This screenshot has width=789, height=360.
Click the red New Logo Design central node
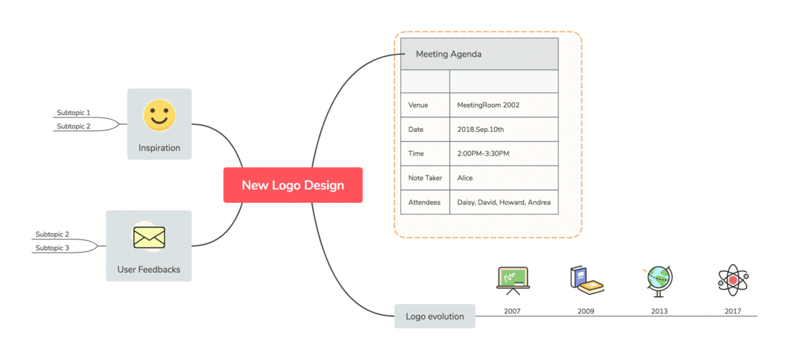click(293, 185)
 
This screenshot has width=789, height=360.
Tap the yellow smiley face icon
click(159, 115)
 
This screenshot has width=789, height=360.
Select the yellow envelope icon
click(149, 237)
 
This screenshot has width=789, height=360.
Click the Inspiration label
click(159, 148)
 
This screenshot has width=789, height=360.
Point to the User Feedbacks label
click(149, 270)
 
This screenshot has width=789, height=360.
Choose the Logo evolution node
click(435, 316)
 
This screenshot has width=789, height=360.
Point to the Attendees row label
click(425, 202)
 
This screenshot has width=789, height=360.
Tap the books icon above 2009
click(586, 280)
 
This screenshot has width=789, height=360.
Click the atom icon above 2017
click(733, 280)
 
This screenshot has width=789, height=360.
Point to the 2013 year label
click(659, 311)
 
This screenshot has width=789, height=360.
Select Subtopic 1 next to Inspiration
click(73, 113)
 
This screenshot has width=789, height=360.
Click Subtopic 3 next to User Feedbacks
click(52, 248)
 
